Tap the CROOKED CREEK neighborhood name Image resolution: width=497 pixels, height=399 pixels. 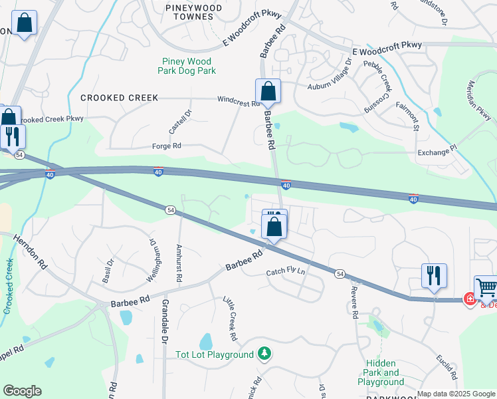coord(120,98)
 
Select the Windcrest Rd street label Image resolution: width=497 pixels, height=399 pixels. coord(238,103)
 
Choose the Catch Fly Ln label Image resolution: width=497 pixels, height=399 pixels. coord(286,272)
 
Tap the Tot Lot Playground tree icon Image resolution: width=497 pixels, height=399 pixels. coord(265,352)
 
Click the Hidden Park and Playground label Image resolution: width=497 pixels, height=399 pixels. coord(381,372)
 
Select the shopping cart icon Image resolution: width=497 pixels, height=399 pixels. coord(487,287)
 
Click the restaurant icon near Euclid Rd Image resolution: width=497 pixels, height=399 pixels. coord(434,275)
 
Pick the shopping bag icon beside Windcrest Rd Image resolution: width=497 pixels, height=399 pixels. coord(268,91)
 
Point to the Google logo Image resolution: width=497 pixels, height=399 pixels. coord(22,390)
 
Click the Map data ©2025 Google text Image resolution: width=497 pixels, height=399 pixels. coord(456,394)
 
